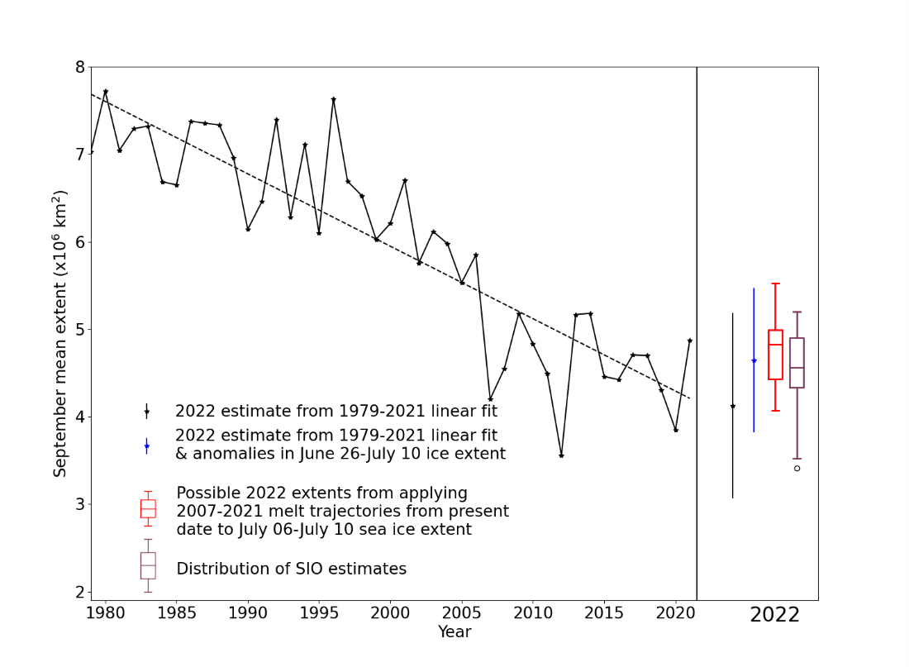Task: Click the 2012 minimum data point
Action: click(561, 455)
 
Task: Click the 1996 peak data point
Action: click(333, 99)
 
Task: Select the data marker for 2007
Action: click(490, 399)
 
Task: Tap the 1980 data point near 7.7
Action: click(105, 92)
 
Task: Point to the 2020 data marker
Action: click(675, 430)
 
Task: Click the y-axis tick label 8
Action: click(80, 67)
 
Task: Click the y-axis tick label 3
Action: click(80, 504)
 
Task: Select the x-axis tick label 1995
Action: click(318, 613)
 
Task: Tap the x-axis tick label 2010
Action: click(532, 613)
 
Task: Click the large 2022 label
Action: click(774, 615)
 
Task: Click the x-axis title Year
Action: click(454, 632)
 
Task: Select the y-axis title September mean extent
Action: click(60, 333)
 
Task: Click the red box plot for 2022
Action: click(775, 354)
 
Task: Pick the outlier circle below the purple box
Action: click(797, 468)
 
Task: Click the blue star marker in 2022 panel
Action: click(754, 361)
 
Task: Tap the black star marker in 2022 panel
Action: click(732, 407)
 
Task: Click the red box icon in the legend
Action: click(148, 508)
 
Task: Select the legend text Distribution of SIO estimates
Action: click(291, 569)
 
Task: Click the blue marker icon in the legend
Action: click(146, 446)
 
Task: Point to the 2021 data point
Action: click(689, 341)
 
